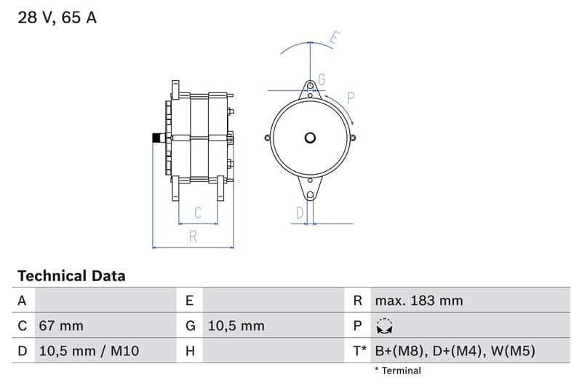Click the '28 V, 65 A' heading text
pyautogui.click(x=57, y=18)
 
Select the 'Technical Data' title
pyautogui.click(x=71, y=276)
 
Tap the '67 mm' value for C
pyautogui.click(x=60, y=326)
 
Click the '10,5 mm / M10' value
pyautogui.click(x=88, y=351)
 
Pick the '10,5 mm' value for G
pyautogui.click(x=236, y=326)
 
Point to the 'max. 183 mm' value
pyautogui.click(x=418, y=301)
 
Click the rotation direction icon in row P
pyautogui.click(x=384, y=326)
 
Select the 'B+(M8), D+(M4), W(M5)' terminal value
pyautogui.click(x=455, y=351)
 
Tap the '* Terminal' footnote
pyautogui.click(x=397, y=371)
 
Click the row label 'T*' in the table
pyautogui.click(x=359, y=351)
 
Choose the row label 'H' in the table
pyautogui.click(x=190, y=351)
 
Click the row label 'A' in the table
pyautogui.click(x=22, y=301)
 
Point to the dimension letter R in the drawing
pyautogui.click(x=193, y=236)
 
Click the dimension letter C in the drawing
pyautogui.click(x=197, y=213)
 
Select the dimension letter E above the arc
pyautogui.click(x=334, y=39)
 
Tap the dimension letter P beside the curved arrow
pyautogui.click(x=350, y=98)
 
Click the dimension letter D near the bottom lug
pyautogui.click(x=299, y=213)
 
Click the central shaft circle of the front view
pyautogui.click(x=311, y=138)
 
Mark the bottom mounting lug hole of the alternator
pyautogui.click(x=311, y=194)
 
